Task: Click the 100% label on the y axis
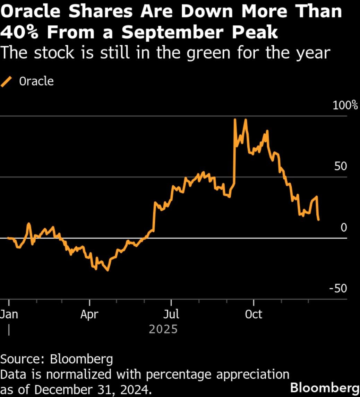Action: [x=345, y=105]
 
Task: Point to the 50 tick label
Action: [x=341, y=166]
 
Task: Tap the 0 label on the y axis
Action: [x=343, y=228]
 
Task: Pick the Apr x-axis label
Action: [x=89, y=315]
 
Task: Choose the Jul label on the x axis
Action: [x=171, y=315]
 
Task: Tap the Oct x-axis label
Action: [x=254, y=315]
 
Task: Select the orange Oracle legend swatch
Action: [x=7, y=82]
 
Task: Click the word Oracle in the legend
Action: [x=36, y=81]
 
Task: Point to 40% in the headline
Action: [x=22, y=32]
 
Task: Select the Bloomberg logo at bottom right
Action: [x=324, y=387]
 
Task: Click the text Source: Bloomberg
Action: [x=57, y=359]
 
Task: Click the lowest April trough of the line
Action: [x=108, y=270]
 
